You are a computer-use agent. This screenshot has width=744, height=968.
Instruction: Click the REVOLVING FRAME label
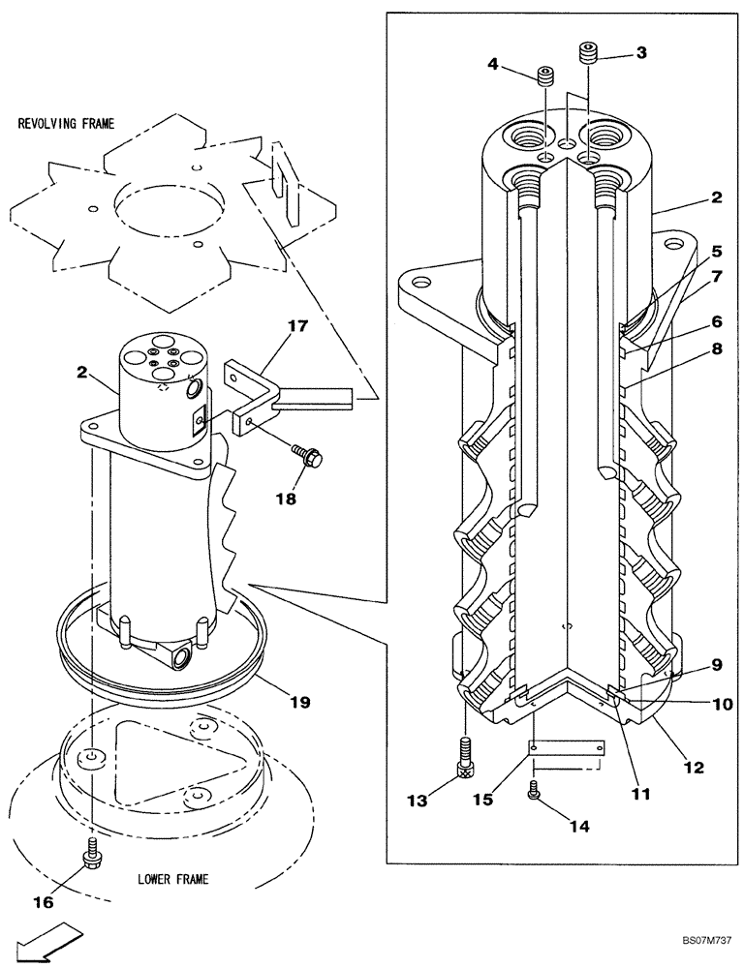(65, 124)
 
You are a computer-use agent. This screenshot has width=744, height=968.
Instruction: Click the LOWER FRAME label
(172, 880)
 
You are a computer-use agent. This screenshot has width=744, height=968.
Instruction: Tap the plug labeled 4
(544, 75)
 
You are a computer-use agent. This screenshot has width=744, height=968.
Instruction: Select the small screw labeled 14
(534, 792)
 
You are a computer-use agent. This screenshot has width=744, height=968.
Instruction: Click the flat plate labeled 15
(567, 748)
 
